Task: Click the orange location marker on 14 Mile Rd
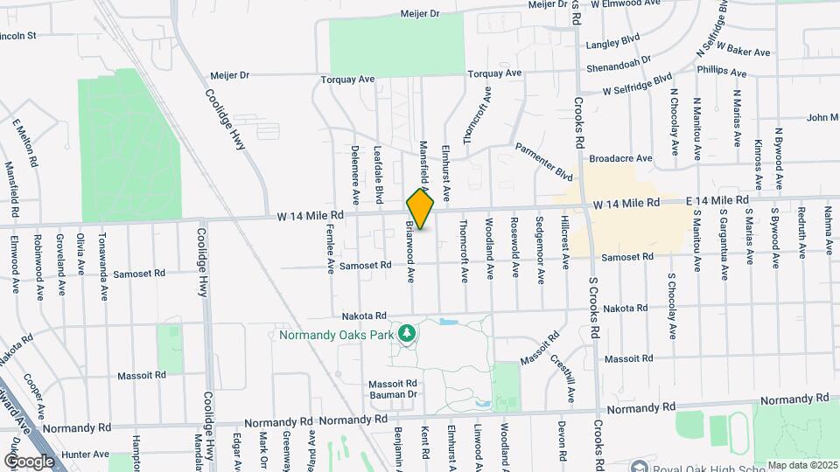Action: (421, 209)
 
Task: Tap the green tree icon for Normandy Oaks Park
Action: (407, 333)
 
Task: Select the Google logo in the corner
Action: (29, 461)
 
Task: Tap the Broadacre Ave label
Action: (621, 159)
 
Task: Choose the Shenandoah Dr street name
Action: (620, 60)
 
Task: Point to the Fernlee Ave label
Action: (331, 248)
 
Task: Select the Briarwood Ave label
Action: (409, 252)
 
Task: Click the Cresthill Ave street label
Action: (561, 377)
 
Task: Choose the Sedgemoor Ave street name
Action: (541, 249)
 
